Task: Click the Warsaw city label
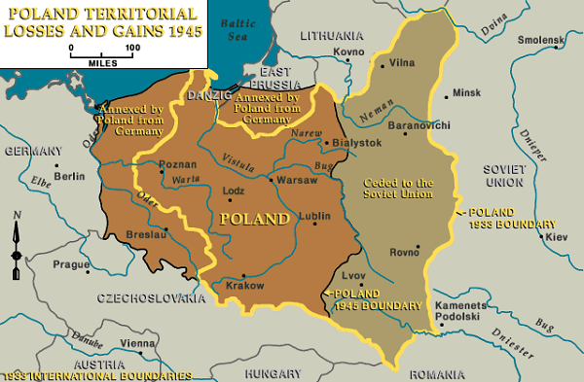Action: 297,180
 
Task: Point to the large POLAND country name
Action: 255,219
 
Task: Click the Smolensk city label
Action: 542,40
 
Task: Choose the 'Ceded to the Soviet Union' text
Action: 397,189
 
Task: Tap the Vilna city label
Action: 402,63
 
